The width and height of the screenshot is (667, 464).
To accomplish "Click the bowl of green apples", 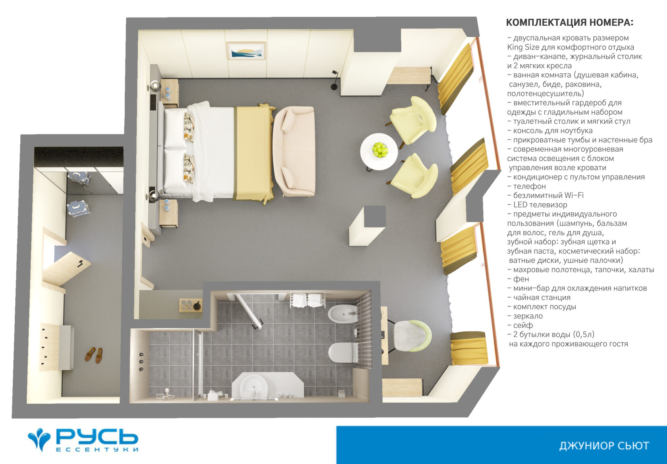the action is click(x=380, y=150).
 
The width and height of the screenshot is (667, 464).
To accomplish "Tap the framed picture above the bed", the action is click(x=246, y=51).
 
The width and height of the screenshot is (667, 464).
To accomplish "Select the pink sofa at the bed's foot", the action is click(x=294, y=152).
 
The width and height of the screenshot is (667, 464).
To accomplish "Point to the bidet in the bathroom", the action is click(x=343, y=314).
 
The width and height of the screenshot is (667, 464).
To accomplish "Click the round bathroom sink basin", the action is click(x=253, y=386).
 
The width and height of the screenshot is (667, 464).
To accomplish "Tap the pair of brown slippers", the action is click(x=94, y=355).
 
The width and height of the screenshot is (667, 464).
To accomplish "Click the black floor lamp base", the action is click(x=334, y=87).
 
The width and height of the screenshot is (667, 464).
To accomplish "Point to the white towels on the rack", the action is click(x=307, y=300).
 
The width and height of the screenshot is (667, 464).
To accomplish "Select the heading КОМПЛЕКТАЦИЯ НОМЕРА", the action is click(x=570, y=23).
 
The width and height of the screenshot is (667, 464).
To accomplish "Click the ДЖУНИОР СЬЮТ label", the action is click(x=604, y=446).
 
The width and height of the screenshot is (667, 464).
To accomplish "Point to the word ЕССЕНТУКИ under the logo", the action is click(x=97, y=449).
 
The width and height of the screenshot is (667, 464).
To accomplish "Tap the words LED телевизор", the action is click(x=540, y=205).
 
